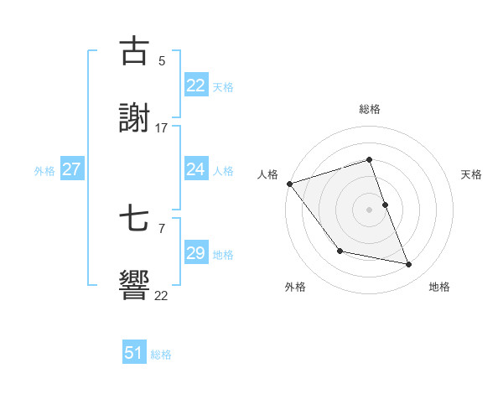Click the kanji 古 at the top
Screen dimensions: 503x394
(135, 51)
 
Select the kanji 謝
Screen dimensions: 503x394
(135, 118)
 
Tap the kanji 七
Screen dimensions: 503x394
(135, 220)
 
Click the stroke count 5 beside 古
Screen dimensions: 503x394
(162, 60)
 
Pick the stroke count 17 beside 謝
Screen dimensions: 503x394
(162, 128)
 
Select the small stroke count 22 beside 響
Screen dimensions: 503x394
(162, 296)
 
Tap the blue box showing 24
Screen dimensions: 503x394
(195, 169)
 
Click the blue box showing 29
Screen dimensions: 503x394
(195, 253)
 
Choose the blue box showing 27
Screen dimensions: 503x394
(71, 169)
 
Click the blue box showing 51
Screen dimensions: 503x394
(134, 353)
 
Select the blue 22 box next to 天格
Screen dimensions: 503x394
(195, 86)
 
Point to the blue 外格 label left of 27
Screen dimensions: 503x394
(44, 171)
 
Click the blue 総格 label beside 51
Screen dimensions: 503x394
(161, 355)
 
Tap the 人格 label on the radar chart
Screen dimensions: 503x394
(268, 174)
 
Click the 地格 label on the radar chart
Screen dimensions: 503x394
(439, 287)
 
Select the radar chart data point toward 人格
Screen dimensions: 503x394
(289, 184)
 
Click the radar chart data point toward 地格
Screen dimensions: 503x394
(409, 265)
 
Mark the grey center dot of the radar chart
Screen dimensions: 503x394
(369, 210)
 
